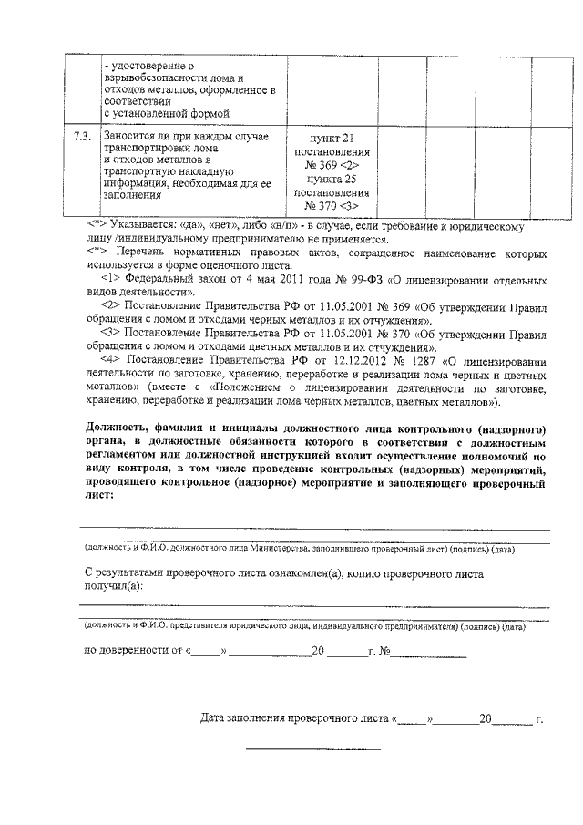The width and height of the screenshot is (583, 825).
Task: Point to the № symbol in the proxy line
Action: pos(385,652)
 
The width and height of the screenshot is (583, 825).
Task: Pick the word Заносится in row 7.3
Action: pos(131,137)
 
